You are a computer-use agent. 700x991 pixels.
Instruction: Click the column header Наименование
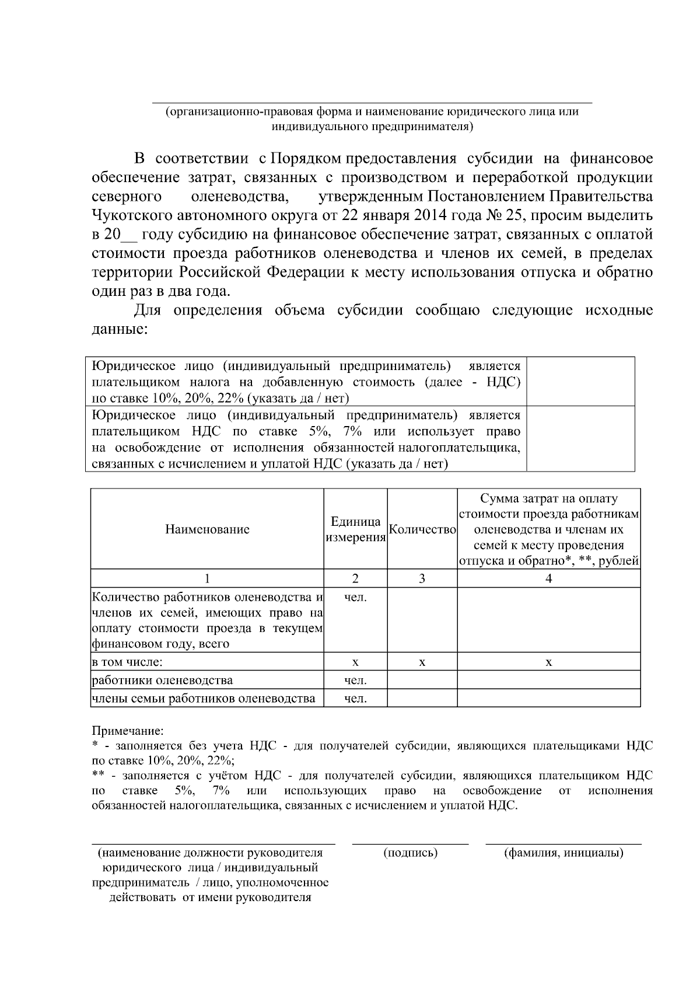pos(207,529)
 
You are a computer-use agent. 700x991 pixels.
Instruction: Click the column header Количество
pos(422,529)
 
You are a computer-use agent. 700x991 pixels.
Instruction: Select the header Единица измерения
pos(355,529)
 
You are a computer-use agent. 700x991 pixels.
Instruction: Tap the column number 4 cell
pos(548,578)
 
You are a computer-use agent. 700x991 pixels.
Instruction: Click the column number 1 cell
pos(207,578)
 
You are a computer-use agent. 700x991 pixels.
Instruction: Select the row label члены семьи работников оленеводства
pos(204,699)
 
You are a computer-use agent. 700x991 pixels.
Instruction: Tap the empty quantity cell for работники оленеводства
pos(422,681)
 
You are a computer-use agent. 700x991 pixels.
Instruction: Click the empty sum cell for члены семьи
pos(548,699)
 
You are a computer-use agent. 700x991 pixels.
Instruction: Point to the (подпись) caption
pos(411,853)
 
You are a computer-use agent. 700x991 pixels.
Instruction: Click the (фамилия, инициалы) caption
pos(563,853)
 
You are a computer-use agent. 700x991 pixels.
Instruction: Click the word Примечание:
pos(128,731)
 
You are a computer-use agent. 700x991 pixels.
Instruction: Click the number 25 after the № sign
pos(513,215)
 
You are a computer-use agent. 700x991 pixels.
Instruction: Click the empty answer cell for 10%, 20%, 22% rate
pos(580,382)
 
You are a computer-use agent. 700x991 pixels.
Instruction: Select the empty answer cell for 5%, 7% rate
pos(580,439)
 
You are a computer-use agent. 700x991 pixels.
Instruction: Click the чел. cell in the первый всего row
pos(355,597)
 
